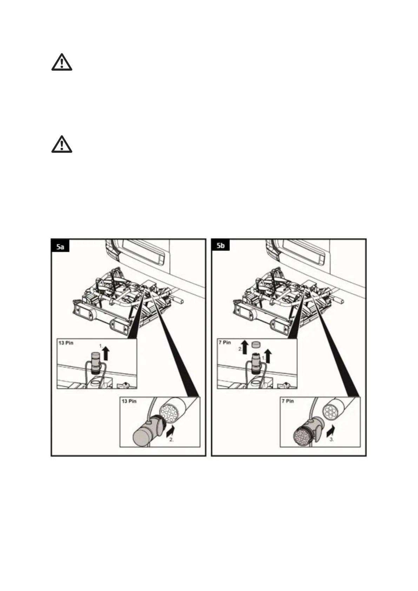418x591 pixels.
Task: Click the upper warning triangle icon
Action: coord(62,62)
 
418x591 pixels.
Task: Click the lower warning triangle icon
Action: coord(62,144)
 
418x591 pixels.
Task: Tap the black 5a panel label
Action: coord(60,247)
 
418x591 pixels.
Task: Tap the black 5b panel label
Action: coord(220,246)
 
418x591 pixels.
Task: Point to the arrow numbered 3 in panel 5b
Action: coord(330,430)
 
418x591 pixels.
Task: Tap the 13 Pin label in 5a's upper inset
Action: coord(66,343)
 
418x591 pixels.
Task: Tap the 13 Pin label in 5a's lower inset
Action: coord(129,401)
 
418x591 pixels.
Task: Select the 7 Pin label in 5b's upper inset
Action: coord(225,342)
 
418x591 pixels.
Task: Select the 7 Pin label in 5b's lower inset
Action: coord(288,401)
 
